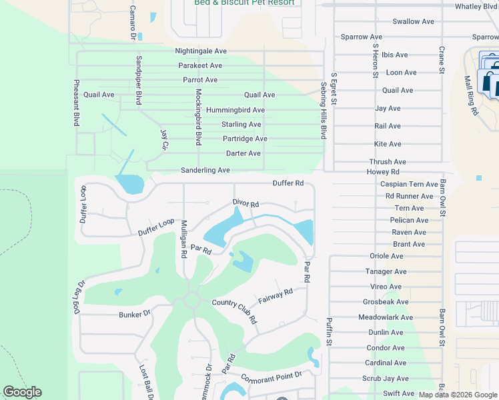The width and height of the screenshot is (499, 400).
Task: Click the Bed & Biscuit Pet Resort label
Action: click(x=245, y=3)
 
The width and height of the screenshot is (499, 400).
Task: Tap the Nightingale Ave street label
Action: click(x=201, y=51)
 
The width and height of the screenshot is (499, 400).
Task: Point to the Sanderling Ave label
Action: click(x=205, y=171)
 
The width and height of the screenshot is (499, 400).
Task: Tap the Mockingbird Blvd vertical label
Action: click(x=198, y=117)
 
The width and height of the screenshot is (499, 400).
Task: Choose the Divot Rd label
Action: click(x=245, y=203)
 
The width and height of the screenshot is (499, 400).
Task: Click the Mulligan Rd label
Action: click(x=183, y=239)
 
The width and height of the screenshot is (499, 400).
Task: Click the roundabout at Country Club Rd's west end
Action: click(x=193, y=299)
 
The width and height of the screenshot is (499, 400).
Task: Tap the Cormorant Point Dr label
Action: click(x=272, y=376)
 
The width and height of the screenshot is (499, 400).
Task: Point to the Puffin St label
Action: click(x=328, y=332)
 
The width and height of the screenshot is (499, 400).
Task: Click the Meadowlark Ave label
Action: click(x=386, y=317)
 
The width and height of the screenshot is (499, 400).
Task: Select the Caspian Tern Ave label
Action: click(x=409, y=184)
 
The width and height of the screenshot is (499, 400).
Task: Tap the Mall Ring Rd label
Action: click(x=471, y=95)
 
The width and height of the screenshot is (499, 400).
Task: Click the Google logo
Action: click(x=22, y=392)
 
